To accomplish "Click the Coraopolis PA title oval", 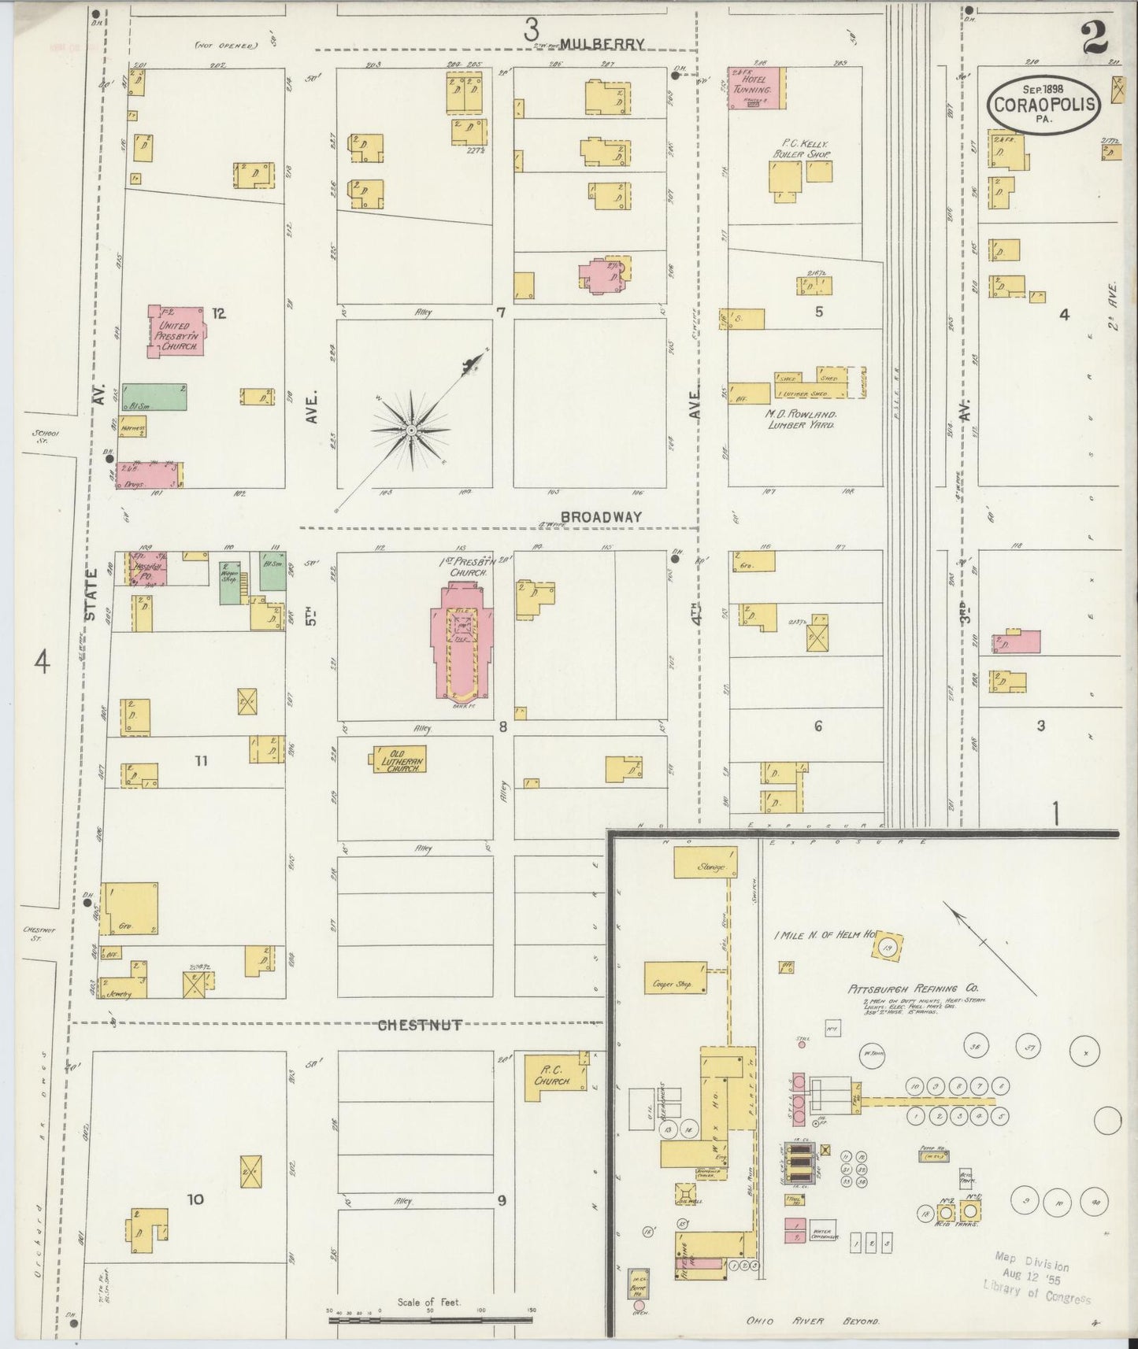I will click(x=1044, y=104).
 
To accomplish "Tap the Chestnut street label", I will click(x=419, y=1025).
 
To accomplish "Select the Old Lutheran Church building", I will click(x=399, y=760).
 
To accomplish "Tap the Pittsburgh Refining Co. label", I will click(x=913, y=989).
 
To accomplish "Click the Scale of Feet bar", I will click(x=430, y=1318).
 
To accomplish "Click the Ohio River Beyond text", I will click(x=813, y=1321).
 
